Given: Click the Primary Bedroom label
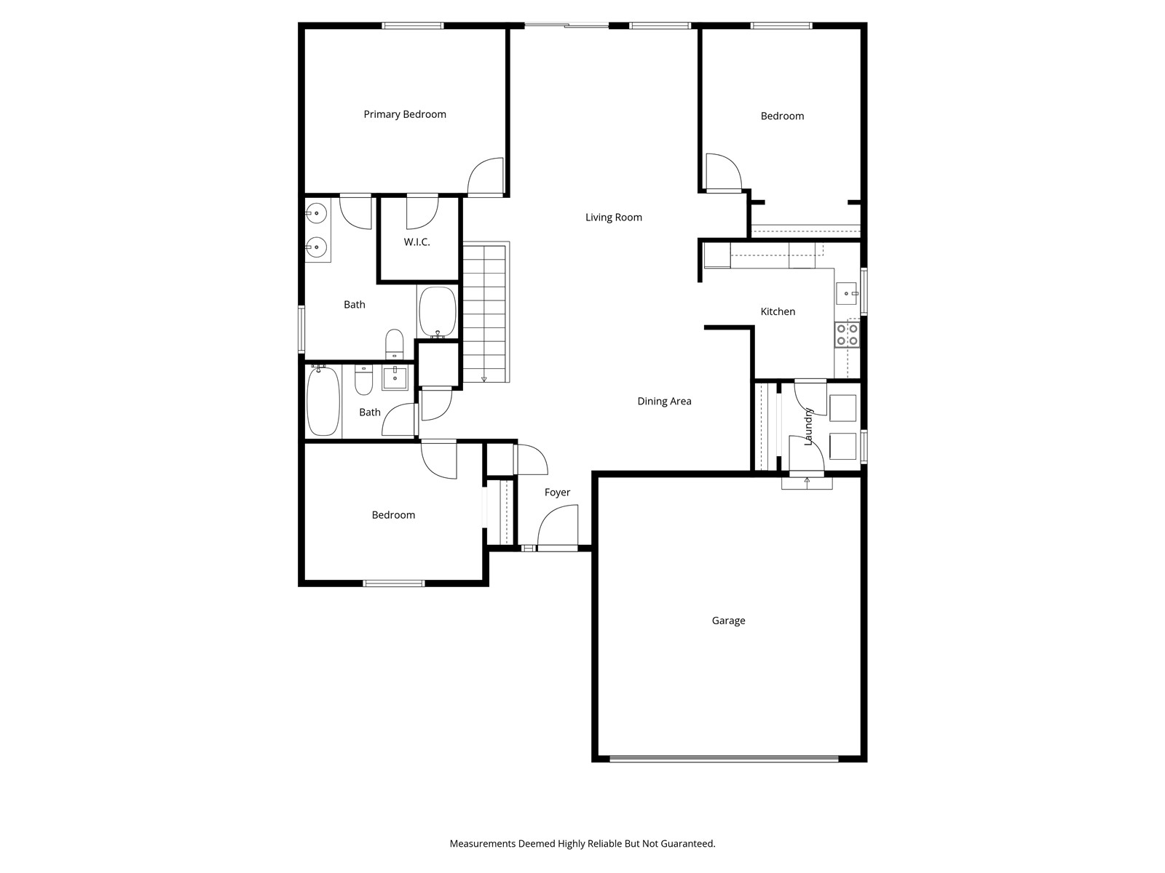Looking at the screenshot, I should [405, 114].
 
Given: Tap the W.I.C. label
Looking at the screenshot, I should [416, 242].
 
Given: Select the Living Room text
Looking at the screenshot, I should [614, 218].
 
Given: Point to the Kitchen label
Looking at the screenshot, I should [778, 311].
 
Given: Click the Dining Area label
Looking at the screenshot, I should [664, 402].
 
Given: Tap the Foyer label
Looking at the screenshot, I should [557, 493].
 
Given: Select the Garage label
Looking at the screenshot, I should [728, 621].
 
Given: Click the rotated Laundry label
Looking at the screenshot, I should [808, 427].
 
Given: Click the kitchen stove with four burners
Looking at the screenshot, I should [847, 334].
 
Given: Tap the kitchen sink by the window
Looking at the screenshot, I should [846, 293].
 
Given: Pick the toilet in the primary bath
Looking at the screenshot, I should [394, 343].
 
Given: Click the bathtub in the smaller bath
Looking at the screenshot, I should [323, 402].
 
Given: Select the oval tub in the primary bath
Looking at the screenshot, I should [437, 311].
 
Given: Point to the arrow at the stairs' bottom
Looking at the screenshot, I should [484, 378].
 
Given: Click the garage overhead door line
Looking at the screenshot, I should [724, 759].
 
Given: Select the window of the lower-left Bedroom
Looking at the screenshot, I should [394, 583].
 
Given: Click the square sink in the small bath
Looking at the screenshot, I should [395, 378].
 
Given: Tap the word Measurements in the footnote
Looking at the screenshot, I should [482, 844].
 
